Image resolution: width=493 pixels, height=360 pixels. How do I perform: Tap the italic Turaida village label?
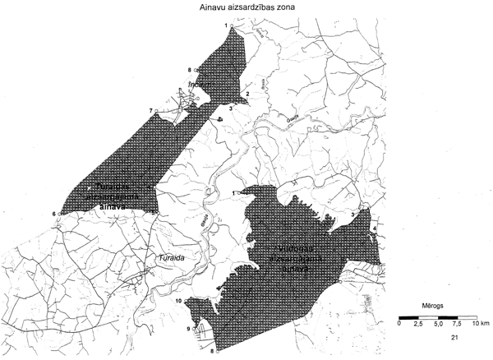169,256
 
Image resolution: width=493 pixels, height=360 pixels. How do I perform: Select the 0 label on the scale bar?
399,325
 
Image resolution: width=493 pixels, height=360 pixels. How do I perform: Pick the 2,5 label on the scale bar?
416,325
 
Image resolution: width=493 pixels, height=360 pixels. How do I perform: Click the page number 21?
454,338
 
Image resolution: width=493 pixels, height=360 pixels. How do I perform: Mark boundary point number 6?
54,215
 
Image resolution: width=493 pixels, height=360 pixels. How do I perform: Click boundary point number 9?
187,330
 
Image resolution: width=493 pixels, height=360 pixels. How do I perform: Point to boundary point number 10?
178,302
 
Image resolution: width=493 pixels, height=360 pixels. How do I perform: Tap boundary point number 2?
247,94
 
